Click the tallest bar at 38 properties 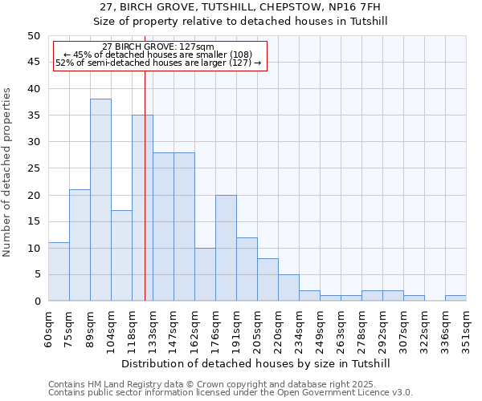[100, 200]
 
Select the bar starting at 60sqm [59, 271]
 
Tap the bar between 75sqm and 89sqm [80, 245]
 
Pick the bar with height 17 [121, 255]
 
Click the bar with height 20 [226, 247]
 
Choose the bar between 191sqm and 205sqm [247, 269]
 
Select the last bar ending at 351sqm [455, 298]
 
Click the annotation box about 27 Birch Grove [159, 55]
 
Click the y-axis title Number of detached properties [8, 172]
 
